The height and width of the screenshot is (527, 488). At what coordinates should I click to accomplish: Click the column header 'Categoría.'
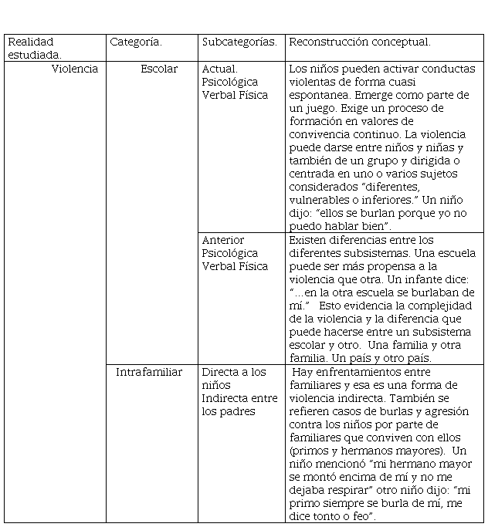(135, 42)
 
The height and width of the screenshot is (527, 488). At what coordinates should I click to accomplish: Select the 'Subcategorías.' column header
(239, 42)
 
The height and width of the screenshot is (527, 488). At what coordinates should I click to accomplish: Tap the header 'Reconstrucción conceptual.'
(359, 42)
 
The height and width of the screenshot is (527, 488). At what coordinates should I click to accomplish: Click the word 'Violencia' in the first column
(75, 69)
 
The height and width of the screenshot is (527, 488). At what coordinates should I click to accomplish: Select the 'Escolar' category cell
(159, 69)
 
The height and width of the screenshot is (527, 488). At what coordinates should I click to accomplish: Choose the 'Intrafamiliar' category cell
(149, 372)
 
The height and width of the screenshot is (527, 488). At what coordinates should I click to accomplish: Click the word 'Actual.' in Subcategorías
(220, 69)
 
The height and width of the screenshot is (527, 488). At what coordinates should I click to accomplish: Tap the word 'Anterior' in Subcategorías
(223, 240)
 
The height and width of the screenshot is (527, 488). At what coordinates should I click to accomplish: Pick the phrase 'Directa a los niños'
(233, 378)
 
